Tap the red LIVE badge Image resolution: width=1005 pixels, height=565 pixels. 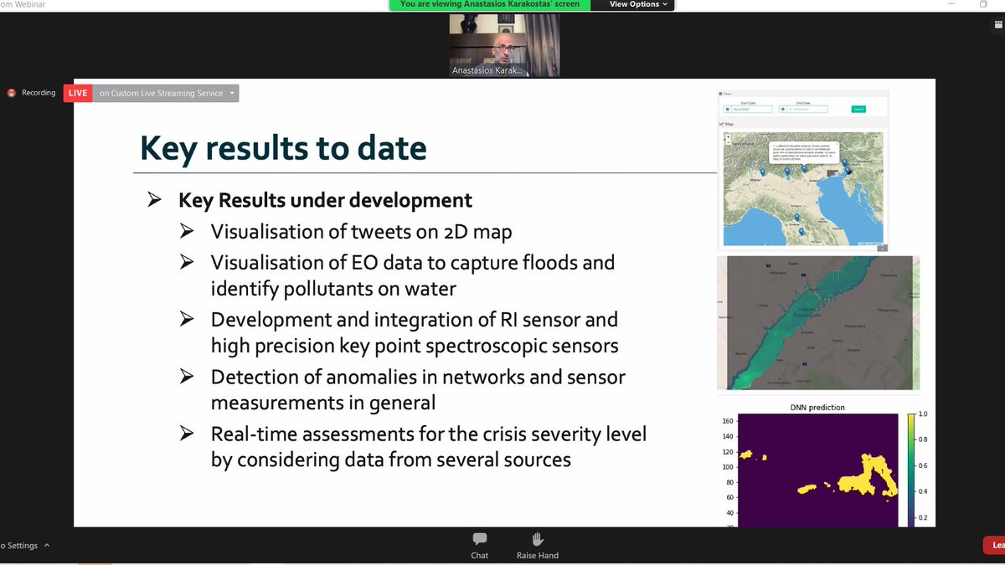point(78,93)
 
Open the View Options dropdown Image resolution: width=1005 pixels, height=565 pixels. point(637,4)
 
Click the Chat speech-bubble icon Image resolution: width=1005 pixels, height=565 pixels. point(480,539)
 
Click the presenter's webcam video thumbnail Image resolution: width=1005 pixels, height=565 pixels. point(504,45)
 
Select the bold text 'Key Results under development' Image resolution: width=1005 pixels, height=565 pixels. point(325,201)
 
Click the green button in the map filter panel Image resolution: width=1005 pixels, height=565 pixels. point(858,109)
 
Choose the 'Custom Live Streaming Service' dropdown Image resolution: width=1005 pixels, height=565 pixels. point(165,93)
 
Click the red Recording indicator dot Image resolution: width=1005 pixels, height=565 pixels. point(12,93)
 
